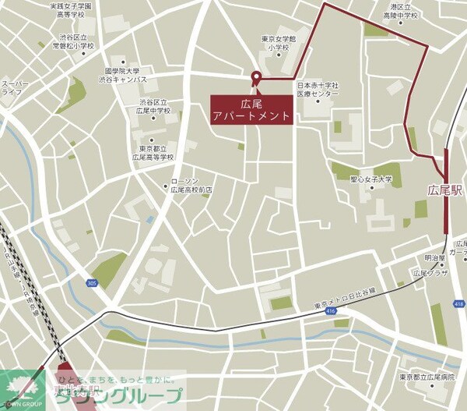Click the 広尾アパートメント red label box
[x=253, y=108]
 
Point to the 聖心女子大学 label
[x=371, y=179]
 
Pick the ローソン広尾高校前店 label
[x=191, y=185]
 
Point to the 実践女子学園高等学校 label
[x=70, y=10]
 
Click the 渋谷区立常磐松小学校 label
[x=72, y=41]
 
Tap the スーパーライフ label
[x=15, y=87]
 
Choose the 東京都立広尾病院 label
[x=427, y=377]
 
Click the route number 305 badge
[x=93, y=283]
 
